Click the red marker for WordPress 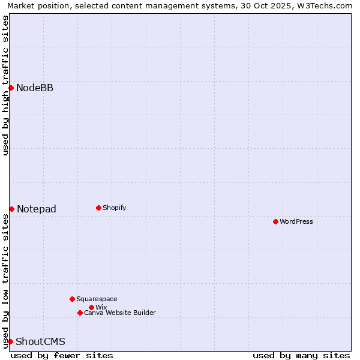(275, 221)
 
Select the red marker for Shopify (98, 208)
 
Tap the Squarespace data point (72, 299)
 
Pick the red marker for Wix (91, 307)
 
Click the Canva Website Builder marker (80, 313)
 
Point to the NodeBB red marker (11, 88)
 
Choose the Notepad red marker (11, 209)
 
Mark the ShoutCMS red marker (10, 341)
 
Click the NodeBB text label (35, 88)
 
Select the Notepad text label (37, 209)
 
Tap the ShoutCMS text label (40, 341)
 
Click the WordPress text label (296, 221)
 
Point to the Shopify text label (115, 208)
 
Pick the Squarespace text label (97, 299)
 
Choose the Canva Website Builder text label (120, 313)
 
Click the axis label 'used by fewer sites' (62, 355)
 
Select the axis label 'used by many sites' (301, 355)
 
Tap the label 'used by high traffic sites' (5, 85)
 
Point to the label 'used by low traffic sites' (5, 281)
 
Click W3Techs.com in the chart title (328, 5)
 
